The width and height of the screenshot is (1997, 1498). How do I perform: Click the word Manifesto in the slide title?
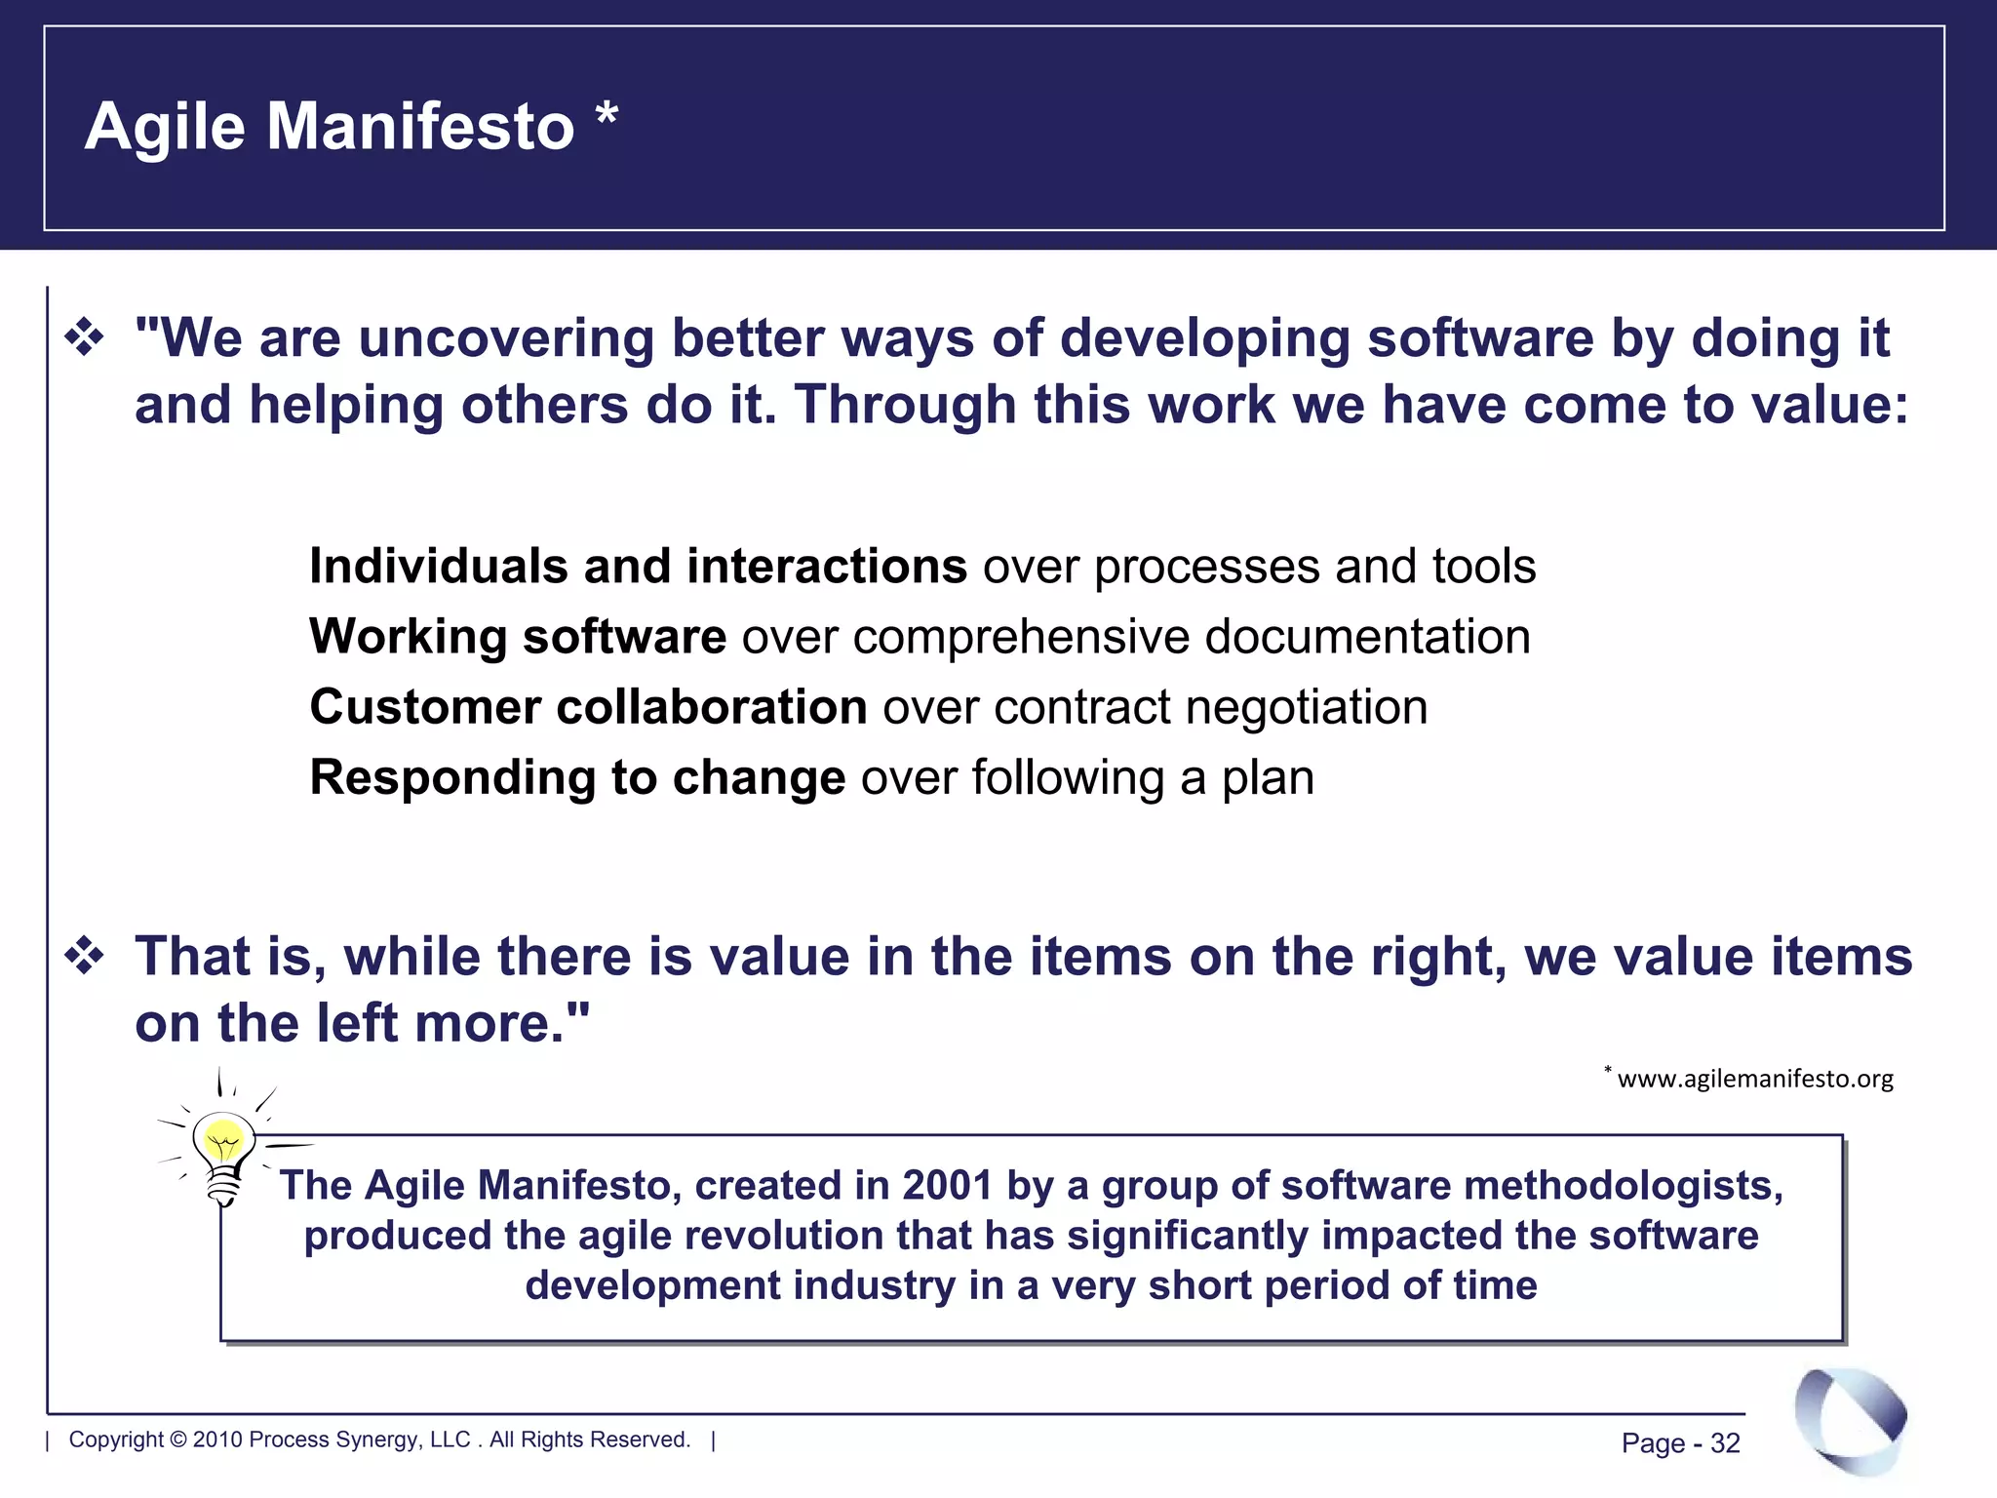click(x=420, y=127)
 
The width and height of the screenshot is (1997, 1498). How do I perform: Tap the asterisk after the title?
click(x=607, y=115)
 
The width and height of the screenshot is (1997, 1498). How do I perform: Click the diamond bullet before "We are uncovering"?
click(x=85, y=338)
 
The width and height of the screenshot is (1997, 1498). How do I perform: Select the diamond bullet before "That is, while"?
click(x=85, y=956)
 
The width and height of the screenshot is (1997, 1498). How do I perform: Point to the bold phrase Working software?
click(x=517, y=637)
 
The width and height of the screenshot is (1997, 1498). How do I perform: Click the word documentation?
click(x=1367, y=637)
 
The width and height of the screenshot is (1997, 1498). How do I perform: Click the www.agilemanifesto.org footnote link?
click(x=1754, y=1079)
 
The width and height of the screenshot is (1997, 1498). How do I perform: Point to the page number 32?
click(x=1725, y=1443)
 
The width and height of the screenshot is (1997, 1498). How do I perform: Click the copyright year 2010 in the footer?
click(x=216, y=1440)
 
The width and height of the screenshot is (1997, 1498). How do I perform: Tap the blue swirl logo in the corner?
click(x=1850, y=1421)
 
